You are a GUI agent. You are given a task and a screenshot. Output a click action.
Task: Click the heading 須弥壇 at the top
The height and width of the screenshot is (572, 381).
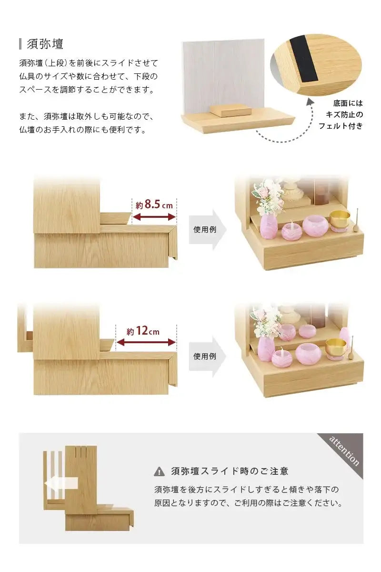tap(45, 44)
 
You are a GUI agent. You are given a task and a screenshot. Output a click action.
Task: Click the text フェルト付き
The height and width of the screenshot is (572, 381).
tap(341, 126)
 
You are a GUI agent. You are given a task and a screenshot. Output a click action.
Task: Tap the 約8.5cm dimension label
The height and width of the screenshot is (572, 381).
tap(154, 205)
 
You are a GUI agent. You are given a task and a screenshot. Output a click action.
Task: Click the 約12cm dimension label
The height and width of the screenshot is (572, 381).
tap(143, 331)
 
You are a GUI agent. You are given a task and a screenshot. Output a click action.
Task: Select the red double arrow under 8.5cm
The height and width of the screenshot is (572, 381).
tap(154, 217)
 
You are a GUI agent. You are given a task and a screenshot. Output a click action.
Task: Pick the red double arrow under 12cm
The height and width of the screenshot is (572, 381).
tap(146, 343)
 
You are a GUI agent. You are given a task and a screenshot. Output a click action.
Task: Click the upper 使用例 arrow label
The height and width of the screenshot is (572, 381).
tap(205, 229)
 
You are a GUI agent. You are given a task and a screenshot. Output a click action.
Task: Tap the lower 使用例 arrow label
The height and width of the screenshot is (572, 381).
tap(205, 356)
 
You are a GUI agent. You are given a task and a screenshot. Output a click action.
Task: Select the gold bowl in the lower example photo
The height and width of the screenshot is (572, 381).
tap(336, 347)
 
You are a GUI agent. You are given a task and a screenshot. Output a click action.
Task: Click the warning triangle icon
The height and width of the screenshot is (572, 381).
tap(159, 472)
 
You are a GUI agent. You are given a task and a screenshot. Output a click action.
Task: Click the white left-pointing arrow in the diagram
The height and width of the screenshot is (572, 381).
tap(60, 484)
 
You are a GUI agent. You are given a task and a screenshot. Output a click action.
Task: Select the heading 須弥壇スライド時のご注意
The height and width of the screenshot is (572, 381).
tap(230, 471)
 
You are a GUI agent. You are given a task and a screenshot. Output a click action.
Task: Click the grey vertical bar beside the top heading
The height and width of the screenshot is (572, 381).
tap(20, 44)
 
